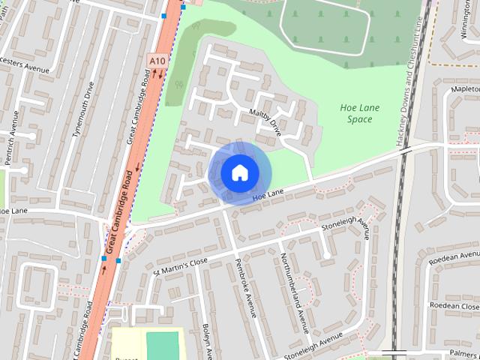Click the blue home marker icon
[238, 172]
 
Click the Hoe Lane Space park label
[360, 113]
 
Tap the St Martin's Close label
[179, 264]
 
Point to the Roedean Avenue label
[453, 257]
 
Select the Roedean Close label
[454, 306]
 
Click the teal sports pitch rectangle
[162, 346]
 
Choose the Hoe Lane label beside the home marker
[268, 195]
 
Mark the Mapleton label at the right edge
[465, 88]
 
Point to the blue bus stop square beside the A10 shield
[163, 15]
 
